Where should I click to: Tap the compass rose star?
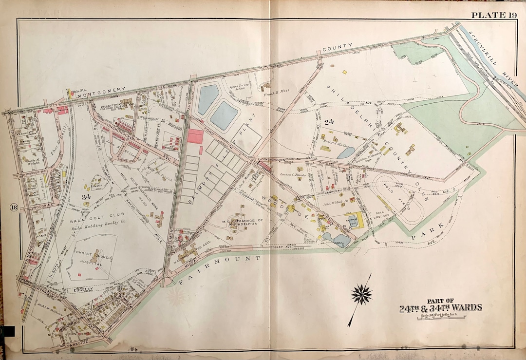(361, 294)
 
